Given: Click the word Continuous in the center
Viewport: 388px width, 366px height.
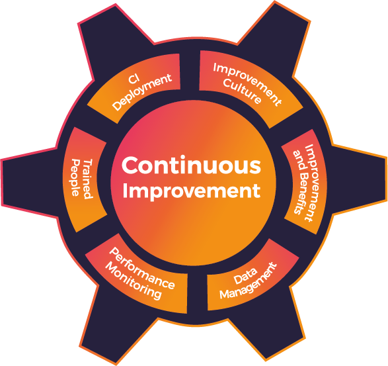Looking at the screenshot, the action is pos(191,165).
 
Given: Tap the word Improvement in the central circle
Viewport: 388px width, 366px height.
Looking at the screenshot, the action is pos(192,191).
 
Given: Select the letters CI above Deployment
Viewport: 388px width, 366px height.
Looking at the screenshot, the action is pos(134,79).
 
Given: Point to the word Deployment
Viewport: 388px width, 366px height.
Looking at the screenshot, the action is pos(142,92).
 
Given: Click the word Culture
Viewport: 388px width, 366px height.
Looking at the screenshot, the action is pos(243,91).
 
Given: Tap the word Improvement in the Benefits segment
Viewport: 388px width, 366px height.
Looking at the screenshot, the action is pos(311,183).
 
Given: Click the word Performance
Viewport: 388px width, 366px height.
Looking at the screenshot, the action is pos(142,268).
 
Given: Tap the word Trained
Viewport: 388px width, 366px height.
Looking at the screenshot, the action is pos(88,179).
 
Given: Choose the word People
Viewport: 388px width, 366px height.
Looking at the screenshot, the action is pos(75,177).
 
